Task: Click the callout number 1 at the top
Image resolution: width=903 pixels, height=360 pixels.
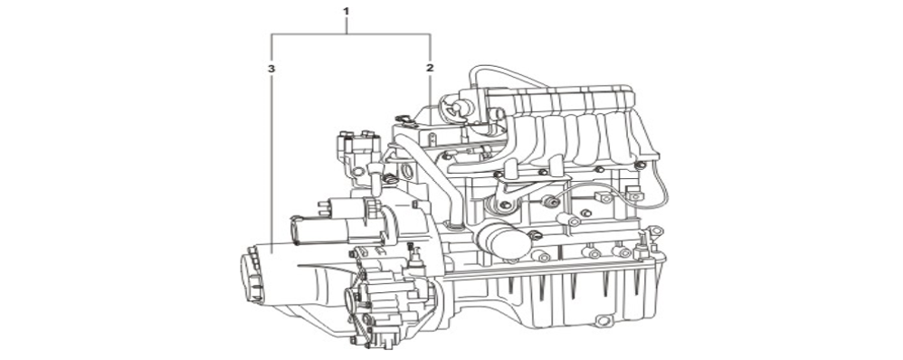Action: (346, 11)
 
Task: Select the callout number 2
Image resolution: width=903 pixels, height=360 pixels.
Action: (430, 68)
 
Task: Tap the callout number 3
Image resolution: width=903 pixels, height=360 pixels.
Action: (271, 69)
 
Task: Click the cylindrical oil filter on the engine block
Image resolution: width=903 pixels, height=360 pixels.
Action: (503, 241)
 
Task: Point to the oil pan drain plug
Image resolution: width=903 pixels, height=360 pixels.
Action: (603, 320)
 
